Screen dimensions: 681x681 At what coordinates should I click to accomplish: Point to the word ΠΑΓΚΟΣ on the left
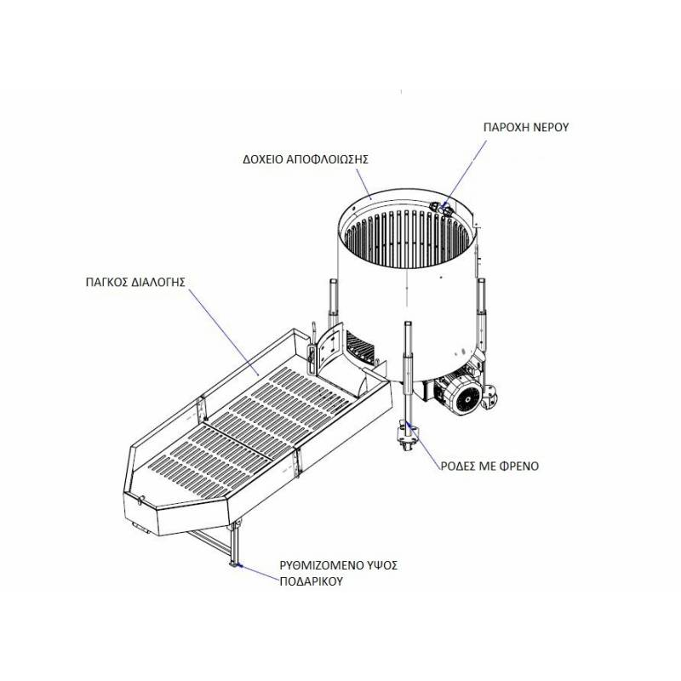(106, 283)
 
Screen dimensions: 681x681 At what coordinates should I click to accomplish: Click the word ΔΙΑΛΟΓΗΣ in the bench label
(158, 283)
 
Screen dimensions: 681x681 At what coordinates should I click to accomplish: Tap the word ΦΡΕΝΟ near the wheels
(519, 466)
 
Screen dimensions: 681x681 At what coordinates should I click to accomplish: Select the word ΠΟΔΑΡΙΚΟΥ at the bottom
(312, 581)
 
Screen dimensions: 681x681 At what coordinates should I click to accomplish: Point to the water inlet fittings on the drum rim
(442, 209)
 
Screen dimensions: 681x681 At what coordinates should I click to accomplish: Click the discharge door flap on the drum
(328, 347)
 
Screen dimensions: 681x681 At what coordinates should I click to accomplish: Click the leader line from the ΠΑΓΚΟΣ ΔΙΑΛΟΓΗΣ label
(224, 333)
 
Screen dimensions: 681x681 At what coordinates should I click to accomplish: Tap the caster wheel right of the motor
(489, 396)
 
